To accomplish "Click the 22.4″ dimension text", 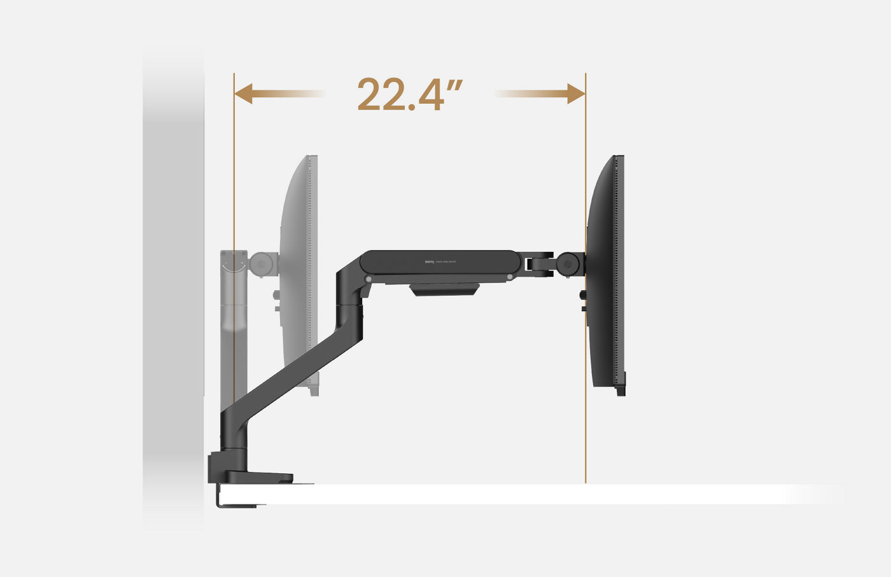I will pos(409,95).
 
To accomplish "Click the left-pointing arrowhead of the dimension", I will pos(244,94).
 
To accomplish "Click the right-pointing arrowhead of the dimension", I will pos(576,94).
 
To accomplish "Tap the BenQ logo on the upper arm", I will pos(430,261).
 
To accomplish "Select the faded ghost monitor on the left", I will pos(299,274).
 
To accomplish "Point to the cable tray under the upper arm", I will pos(444,290).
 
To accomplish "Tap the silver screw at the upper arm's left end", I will pos(368,279).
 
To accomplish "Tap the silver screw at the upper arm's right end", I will pos(510,277).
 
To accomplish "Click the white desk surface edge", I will pos(509,494).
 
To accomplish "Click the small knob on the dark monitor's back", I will pos(583,295).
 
